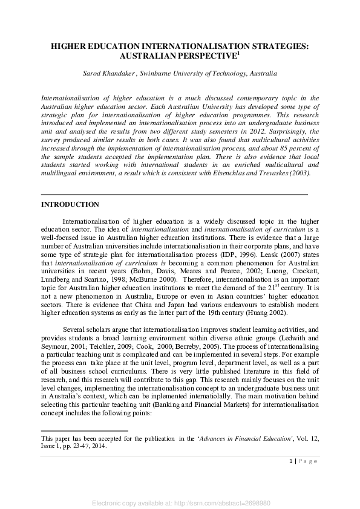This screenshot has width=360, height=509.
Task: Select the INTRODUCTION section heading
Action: coord(70,205)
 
